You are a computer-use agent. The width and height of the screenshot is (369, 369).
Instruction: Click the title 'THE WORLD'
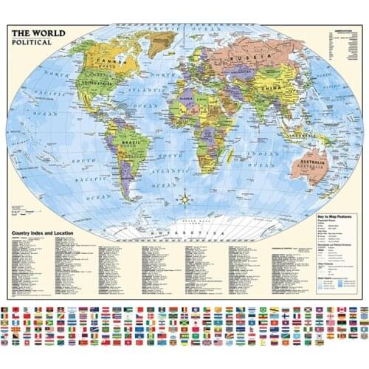(x=38, y=32)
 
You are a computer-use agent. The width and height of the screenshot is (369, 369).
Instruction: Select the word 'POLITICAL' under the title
(x=31, y=42)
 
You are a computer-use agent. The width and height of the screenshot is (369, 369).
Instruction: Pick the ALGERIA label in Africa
(x=186, y=99)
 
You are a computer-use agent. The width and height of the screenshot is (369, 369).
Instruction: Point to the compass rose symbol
(x=185, y=198)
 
